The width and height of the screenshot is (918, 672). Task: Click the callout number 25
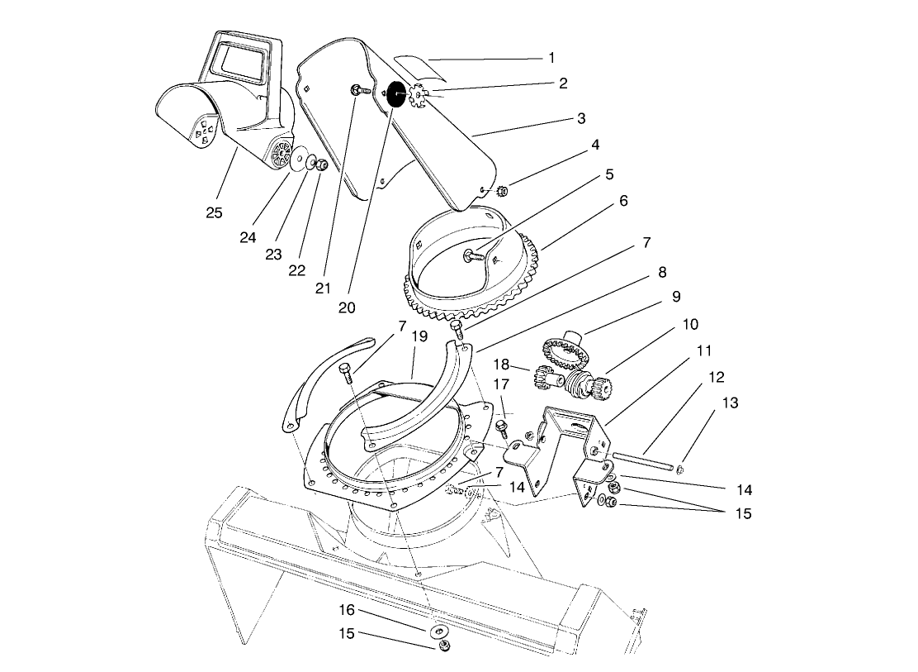coord(214,212)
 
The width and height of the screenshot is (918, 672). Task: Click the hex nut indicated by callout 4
coord(502,192)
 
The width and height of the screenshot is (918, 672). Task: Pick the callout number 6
coord(622,201)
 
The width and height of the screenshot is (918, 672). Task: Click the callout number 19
coord(419,336)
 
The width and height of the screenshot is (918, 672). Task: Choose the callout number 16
coord(347,610)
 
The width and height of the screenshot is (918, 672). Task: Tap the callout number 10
coord(689,324)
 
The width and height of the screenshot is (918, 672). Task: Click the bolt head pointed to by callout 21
coord(357,90)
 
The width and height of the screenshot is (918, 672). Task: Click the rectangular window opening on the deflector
coord(238,64)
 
